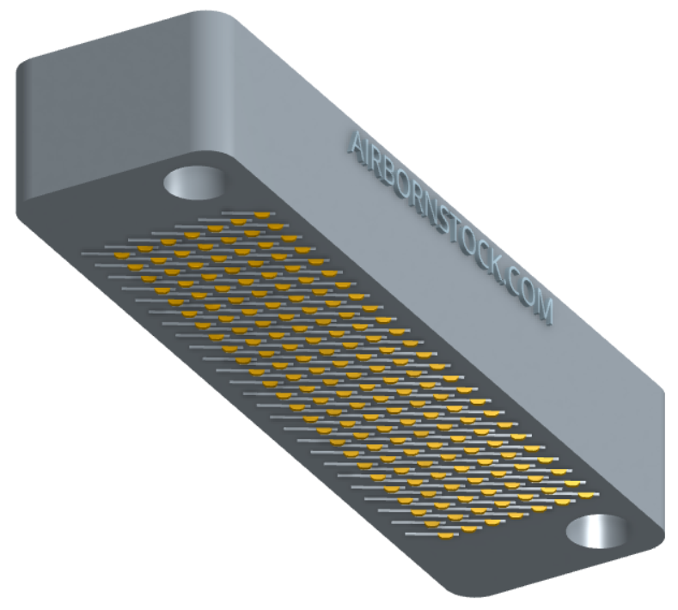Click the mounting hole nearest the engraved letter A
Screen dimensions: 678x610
pos(193,183)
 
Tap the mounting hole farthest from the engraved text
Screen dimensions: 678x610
pos(596,532)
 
